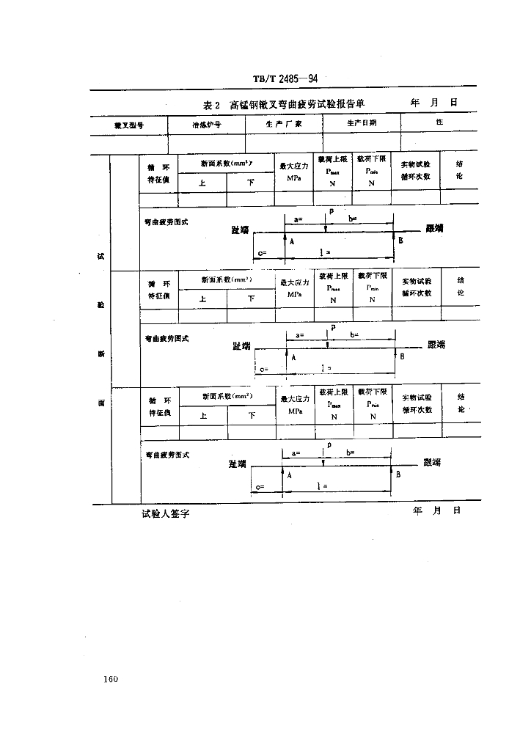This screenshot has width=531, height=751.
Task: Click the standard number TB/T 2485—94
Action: tap(285, 78)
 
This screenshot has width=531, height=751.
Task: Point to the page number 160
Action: tap(111, 679)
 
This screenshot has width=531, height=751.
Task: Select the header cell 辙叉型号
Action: tap(128, 124)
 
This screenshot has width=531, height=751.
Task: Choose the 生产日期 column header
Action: tap(361, 123)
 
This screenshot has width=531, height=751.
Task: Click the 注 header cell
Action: tap(439, 122)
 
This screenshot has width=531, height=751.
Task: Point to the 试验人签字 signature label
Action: tap(166, 515)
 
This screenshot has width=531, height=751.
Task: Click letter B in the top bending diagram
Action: tap(400, 240)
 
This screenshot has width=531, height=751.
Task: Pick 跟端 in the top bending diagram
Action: tap(434, 229)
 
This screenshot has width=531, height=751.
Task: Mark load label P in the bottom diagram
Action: tap(329, 444)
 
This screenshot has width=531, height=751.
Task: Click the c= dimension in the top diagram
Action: tap(263, 252)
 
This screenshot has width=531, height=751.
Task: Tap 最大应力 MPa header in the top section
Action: tap(295, 172)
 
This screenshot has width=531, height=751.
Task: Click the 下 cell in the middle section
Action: tap(251, 298)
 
